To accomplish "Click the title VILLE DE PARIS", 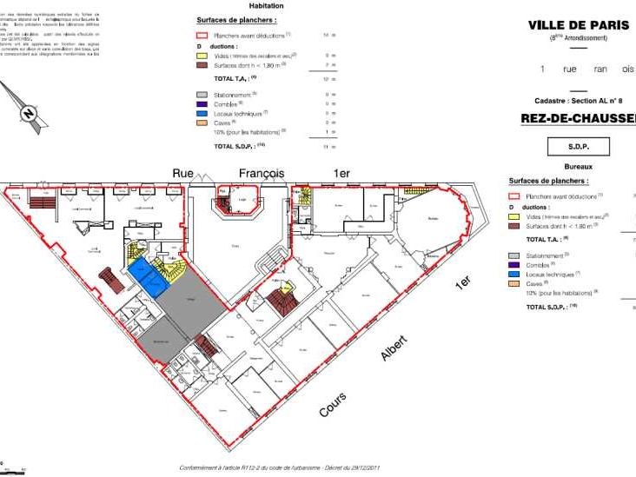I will click(x=578, y=25).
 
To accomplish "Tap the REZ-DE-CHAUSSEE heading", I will click(x=577, y=118).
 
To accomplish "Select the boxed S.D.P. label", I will click(x=578, y=147).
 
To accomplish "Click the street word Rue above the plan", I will click(x=182, y=173).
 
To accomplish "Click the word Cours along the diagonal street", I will click(x=332, y=403).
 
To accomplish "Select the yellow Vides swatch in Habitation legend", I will click(x=201, y=55).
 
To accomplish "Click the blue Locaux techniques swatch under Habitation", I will click(x=201, y=113).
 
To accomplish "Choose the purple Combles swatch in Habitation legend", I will click(x=201, y=103).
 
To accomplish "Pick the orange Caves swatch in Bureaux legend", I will click(x=513, y=283).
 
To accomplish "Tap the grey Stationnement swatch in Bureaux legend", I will click(x=513, y=255).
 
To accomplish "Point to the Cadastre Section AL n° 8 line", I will click(x=578, y=102).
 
